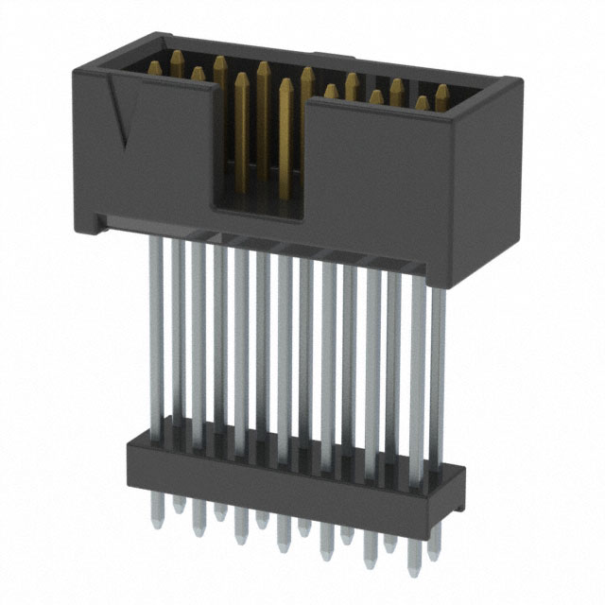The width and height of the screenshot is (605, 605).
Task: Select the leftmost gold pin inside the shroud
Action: (154, 66)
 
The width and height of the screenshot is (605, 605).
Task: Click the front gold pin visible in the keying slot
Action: (285, 142)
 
